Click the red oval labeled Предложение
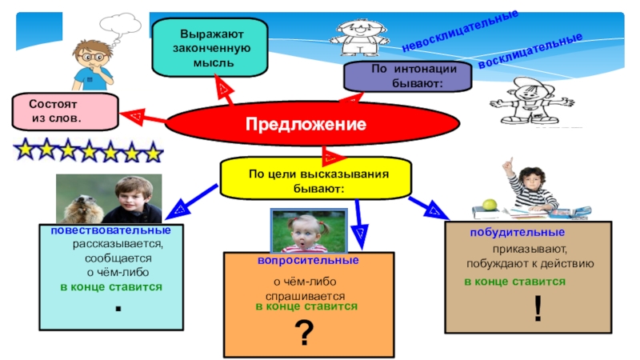[306, 125]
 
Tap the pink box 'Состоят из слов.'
[63, 112]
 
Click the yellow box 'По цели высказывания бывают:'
[318, 179]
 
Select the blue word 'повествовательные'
[117, 230]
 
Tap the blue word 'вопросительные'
[307, 261]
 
